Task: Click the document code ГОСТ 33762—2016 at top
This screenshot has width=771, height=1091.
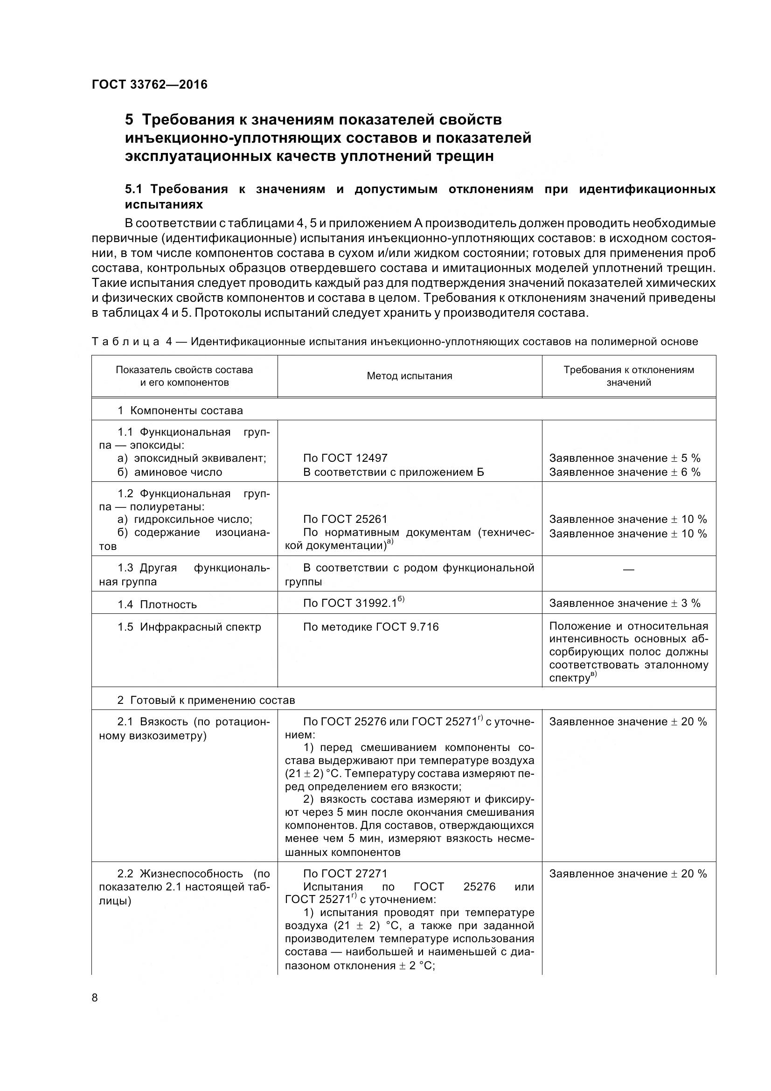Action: [150, 84]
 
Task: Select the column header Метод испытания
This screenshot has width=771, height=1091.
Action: [409, 376]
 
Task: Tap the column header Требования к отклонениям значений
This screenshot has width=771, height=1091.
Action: [628, 376]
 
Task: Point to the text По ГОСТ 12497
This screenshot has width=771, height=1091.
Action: [345, 458]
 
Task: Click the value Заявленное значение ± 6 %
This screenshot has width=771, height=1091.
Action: [625, 472]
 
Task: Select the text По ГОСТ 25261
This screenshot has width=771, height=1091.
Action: [345, 519]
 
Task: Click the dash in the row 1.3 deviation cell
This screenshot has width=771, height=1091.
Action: [628, 569]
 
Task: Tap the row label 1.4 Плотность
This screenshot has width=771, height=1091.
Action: [157, 605]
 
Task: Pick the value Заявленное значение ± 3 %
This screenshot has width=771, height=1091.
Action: [625, 603]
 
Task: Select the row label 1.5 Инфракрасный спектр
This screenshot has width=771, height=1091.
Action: [189, 627]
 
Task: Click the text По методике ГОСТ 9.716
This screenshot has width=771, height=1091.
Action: [370, 627]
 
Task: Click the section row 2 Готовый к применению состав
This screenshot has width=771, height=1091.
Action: [206, 700]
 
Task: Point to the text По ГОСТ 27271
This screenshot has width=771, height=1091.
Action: [345, 873]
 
